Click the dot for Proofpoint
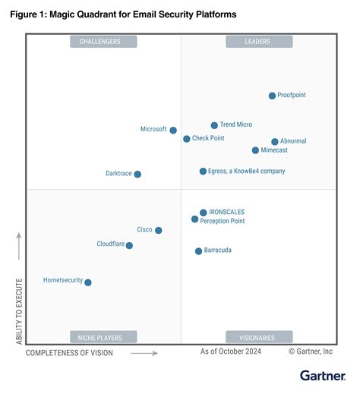(x=272, y=96)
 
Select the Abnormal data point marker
(x=275, y=142)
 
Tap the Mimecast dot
(x=255, y=150)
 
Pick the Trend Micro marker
(x=214, y=125)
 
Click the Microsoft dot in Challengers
(x=173, y=131)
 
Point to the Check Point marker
(x=186, y=139)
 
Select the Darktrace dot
(x=137, y=174)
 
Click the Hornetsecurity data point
(x=88, y=282)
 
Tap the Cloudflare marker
(x=129, y=245)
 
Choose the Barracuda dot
(x=198, y=251)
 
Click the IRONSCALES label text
(x=228, y=213)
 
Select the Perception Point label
(x=223, y=221)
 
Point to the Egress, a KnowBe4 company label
(x=247, y=172)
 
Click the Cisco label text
(x=144, y=229)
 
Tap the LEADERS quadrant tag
(x=258, y=42)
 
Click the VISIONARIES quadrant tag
(x=258, y=336)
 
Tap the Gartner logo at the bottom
(x=322, y=375)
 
